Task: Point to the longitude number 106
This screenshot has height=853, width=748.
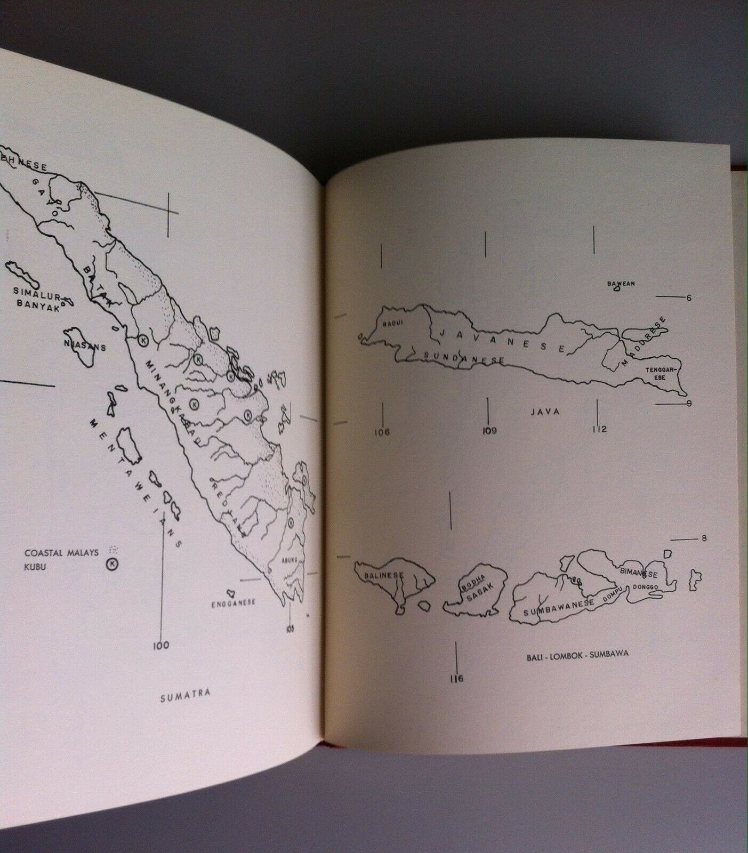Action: [x=382, y=432]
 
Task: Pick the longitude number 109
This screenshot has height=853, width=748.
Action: [x=488, y=431]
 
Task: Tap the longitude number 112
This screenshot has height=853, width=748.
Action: [x=599, y=429]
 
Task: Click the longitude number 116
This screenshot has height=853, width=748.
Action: [x=456, y=679]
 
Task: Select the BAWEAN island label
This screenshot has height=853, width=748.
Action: [x=621, y=284]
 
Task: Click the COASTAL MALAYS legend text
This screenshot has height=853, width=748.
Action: [x=61, y=553]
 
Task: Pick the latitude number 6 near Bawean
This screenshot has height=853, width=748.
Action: [x=688, y=298]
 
